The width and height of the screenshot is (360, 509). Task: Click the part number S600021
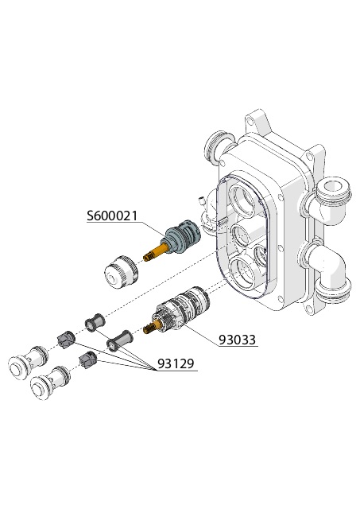click(112, 216)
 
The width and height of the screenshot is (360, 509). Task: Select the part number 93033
click(238, 340)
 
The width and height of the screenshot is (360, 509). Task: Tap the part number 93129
click(176, 363)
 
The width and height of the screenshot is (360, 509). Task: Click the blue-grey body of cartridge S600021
click(184, 236)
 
